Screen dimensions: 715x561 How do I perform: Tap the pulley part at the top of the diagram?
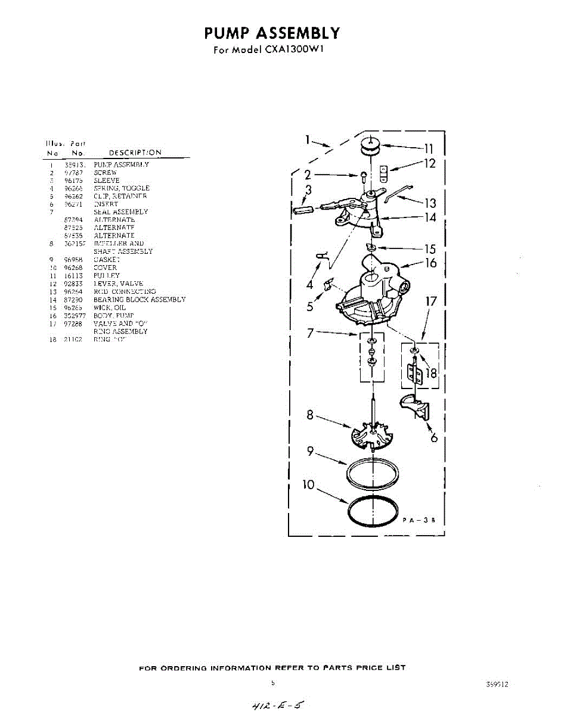click(x=370, y=145)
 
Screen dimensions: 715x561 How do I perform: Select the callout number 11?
click(x=428, y=148)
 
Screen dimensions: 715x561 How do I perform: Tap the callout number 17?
click(x=430, y=301)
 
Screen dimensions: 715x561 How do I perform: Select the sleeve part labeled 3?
click(x=303, y=209)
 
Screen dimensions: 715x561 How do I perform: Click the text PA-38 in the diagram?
click(x=420, y=520)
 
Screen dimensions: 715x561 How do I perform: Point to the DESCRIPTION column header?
click(x=135, y=153)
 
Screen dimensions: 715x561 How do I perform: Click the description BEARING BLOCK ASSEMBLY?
click(x=139, y=300)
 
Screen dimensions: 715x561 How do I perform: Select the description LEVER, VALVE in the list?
click(x=117, y=284)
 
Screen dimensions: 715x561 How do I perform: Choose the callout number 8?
click(x=310, y=415)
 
